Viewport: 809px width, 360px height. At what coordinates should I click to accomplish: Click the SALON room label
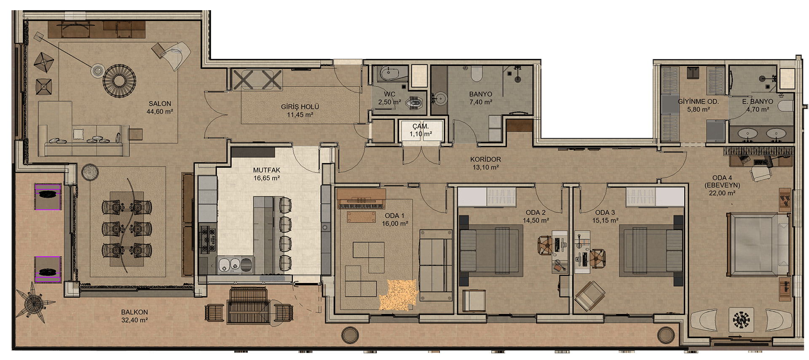coord(160,103)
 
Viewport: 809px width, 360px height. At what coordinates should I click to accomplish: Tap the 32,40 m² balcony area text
coord(134,320)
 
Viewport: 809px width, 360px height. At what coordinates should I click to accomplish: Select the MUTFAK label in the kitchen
coord(267,170)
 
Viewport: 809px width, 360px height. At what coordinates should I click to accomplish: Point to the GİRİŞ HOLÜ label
coord(300,107)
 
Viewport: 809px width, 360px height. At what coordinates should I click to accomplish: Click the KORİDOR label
coord(486,159)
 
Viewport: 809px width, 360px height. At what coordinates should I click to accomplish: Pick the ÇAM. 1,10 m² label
coord(421,130)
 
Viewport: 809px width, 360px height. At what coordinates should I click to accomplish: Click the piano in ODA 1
coord(362,199)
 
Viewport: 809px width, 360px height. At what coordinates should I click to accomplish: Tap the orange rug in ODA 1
coord(398,296)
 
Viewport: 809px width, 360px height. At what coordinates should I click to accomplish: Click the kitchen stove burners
coord(207,239)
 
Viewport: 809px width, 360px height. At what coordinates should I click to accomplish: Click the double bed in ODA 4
coord(758,244)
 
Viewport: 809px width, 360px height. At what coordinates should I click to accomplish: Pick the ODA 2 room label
coord(536,212)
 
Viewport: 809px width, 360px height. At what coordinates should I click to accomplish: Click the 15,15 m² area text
coord(605,220)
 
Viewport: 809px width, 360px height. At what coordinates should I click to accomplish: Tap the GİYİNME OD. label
coord(698,102)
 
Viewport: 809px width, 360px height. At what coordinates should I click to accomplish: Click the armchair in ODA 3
coord(590,295)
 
